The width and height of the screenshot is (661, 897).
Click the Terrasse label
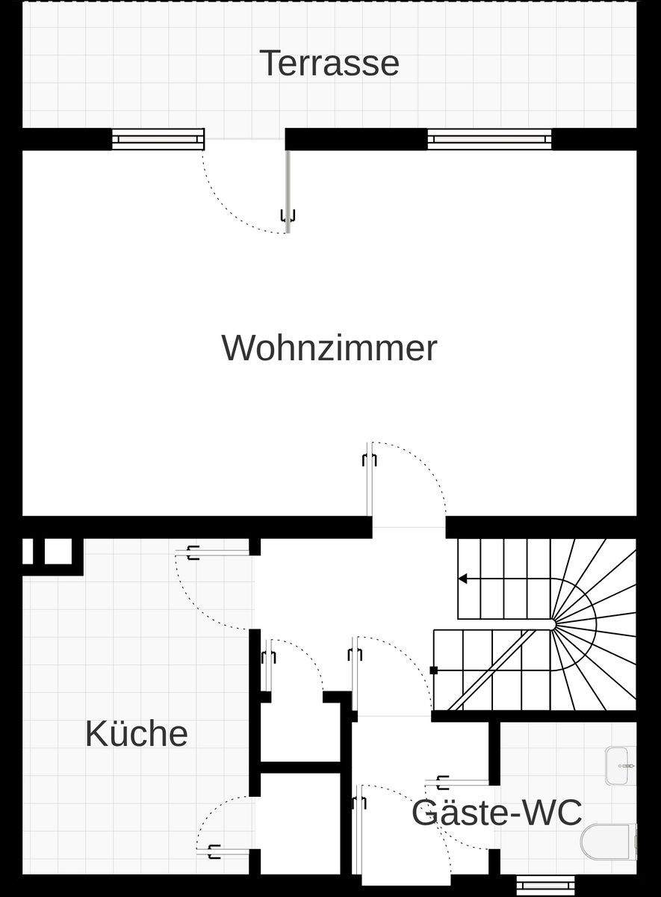pos(329,63)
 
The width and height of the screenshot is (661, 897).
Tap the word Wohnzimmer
pos(329,348)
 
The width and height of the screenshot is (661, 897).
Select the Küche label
pos(136,733)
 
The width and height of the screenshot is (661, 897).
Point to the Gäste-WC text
pos(497,813)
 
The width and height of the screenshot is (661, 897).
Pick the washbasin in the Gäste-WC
pos(621,765)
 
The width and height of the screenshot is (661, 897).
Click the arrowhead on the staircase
pos(463,579)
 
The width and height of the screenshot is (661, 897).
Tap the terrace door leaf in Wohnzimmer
pos(287,191)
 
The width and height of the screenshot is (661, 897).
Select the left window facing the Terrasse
pos(158,139)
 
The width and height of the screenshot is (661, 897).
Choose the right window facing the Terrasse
pos(489,139)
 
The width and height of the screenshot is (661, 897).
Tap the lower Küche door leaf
pos(228,851)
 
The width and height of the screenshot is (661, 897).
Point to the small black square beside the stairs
pos(434,671)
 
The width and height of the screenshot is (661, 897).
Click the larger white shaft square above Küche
pos(58,552)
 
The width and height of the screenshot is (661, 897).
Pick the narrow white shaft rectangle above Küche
pos(28,552)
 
